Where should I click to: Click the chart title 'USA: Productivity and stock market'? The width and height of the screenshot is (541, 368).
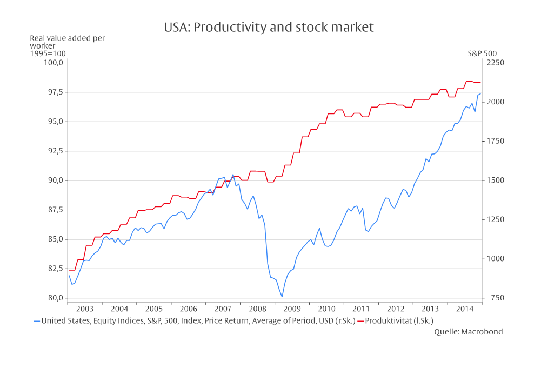tap(269, 28)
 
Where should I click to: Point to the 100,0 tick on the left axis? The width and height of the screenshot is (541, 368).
tap(54, 63)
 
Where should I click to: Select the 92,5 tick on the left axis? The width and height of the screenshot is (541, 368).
tap(55, 151)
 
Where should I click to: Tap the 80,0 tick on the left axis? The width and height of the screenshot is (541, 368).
tap(55, 298)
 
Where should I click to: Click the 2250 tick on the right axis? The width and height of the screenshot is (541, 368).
tap(495, 63)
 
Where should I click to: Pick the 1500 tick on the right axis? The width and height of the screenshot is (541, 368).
tap(495, 180)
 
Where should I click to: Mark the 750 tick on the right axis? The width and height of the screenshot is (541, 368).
tap(492, 298)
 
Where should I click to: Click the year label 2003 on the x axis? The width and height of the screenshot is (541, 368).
tap(85, 309)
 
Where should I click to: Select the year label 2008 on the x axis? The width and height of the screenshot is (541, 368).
tap(257, 309)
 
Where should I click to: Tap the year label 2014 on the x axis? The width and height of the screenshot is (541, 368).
tap(465, 309)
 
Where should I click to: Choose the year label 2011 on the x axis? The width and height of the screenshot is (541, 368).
tap(361, 309)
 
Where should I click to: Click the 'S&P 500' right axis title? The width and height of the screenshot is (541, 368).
tap(482, 53)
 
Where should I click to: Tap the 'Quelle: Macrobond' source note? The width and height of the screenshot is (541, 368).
tap(468, 332)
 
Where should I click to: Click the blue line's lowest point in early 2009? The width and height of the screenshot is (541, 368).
tap(282, 297)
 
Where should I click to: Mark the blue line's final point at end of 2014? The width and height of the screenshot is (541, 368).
tap(480, 94)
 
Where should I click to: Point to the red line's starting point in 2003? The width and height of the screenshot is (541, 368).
tap(69, 270)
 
